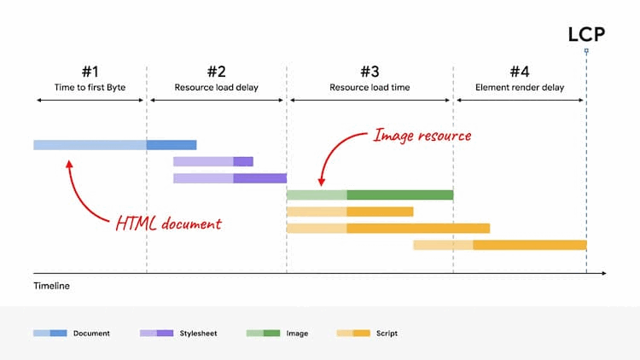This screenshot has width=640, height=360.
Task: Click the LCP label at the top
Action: pos(586,34)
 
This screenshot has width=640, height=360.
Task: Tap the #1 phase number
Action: pos(90,72)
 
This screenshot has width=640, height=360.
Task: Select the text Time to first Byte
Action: pos(90,87)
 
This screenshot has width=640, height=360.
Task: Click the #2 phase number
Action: pos(216,72)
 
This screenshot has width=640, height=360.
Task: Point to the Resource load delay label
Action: pos(216,87)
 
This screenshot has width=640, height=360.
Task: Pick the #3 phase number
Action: pos(369,72)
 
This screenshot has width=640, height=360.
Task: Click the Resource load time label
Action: pos(369,87)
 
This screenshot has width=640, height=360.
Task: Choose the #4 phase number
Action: pos(520,72)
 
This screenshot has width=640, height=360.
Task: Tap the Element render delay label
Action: pos(520,87)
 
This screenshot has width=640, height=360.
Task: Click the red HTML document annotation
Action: pos(168,224)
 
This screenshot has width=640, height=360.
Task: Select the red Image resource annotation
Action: pos(422,135)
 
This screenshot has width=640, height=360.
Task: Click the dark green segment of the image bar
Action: pos(399,195)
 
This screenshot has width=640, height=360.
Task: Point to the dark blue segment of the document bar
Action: pos(172,145)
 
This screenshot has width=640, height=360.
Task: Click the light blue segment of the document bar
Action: pos(90,145)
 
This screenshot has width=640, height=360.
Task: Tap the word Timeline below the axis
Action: pos(51,287)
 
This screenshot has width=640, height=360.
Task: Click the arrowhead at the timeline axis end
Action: pos(603,273)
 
